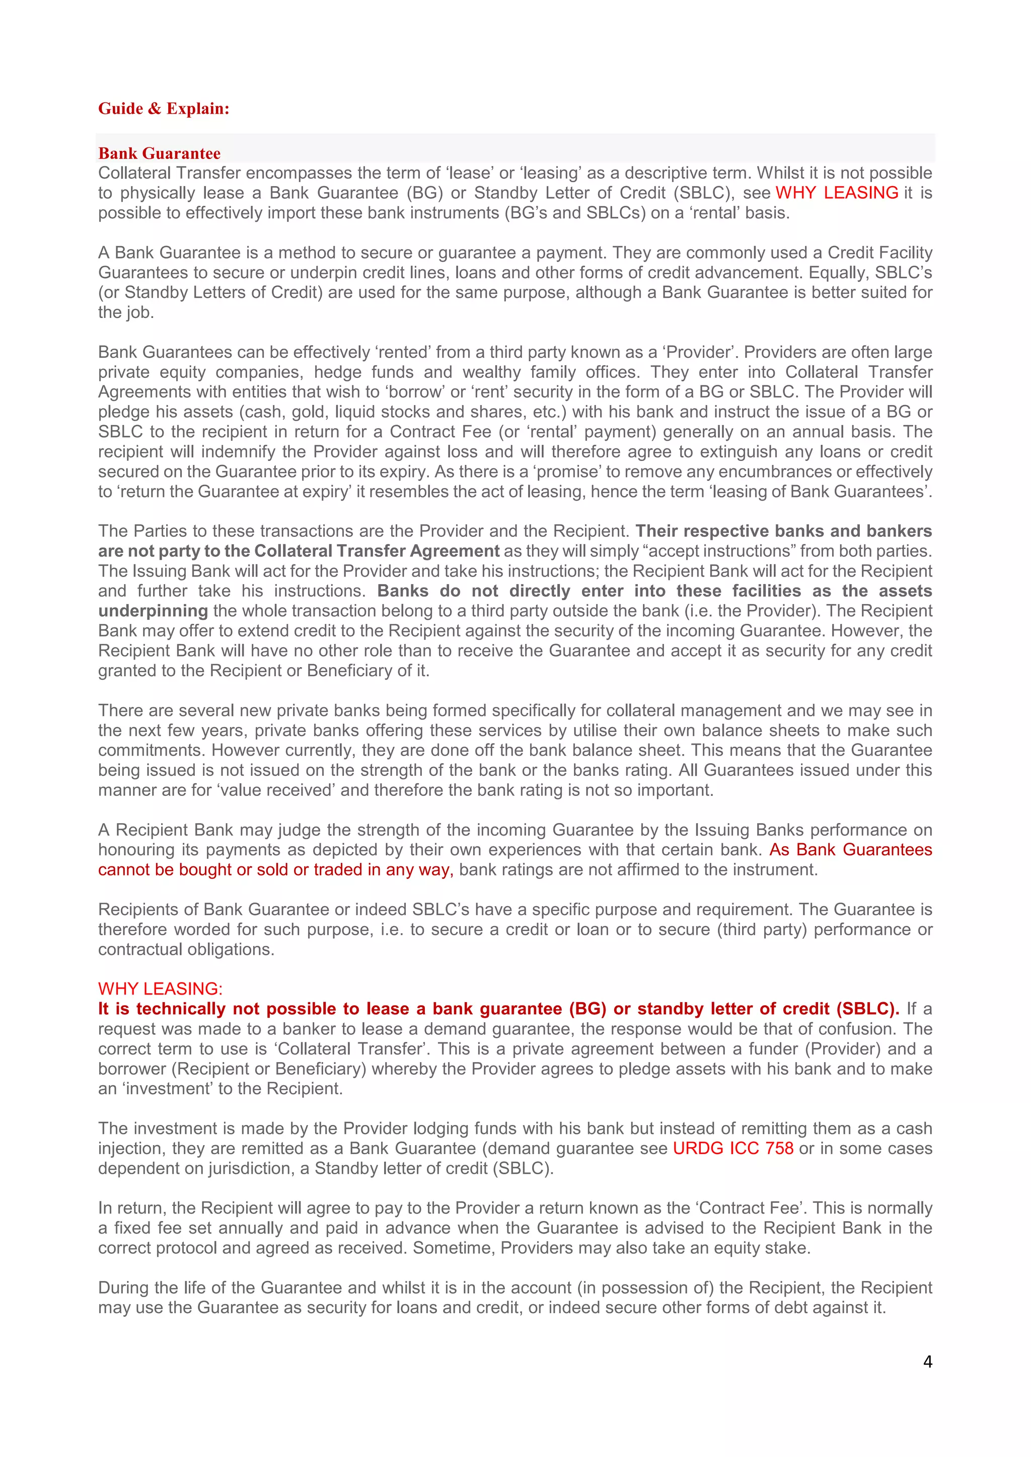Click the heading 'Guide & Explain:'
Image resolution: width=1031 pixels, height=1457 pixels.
[163, 109]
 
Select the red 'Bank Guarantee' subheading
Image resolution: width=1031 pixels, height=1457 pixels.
[160, 153]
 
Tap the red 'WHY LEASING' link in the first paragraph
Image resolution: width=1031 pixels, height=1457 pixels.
[836, 193]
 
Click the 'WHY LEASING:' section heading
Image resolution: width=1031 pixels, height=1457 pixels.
[160, 989]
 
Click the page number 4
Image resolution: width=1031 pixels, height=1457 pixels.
[927, 1361]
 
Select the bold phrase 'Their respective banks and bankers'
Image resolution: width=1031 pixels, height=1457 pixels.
[783, 531]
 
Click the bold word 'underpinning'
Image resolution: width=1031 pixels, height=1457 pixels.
[153, 611]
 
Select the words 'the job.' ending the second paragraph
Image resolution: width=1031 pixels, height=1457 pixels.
[126, 312]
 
